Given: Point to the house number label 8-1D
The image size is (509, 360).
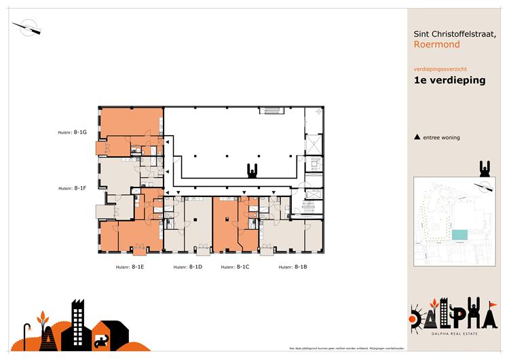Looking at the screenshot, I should pos(188,268).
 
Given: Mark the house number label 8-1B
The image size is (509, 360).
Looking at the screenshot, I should pos(293,268).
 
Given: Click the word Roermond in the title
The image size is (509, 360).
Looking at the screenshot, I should pos(436,45).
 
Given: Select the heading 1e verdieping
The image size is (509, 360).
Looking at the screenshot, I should pos(449,80).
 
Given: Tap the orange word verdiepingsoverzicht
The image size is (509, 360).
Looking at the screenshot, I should pos(440,69).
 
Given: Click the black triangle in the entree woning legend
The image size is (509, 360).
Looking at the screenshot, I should pos(417,137).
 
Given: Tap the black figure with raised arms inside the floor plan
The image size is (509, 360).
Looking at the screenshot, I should pos(252,170).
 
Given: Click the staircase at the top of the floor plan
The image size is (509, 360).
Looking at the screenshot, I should pos(273,111).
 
